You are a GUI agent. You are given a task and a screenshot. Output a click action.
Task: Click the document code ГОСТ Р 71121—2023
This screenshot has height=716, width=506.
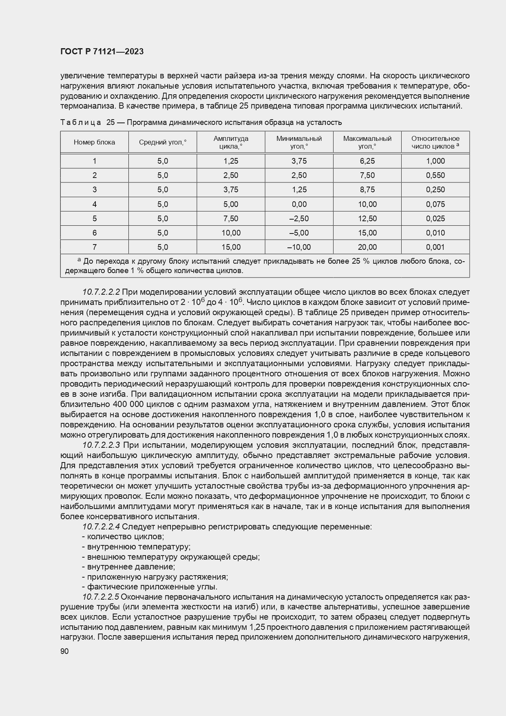click(102, 52)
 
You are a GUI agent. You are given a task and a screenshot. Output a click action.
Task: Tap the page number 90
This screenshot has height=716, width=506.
click(64, 652)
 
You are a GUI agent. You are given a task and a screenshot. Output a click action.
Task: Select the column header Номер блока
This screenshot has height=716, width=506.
click(94, 142)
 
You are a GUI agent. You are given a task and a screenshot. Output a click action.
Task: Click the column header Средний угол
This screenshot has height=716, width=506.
click(162, 142)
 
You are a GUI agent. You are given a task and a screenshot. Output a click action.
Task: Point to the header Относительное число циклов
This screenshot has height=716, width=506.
click(435, 142)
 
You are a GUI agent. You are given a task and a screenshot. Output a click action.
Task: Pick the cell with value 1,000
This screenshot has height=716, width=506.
click(435, 161)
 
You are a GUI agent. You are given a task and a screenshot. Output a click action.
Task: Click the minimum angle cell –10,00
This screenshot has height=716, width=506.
click(299, 247)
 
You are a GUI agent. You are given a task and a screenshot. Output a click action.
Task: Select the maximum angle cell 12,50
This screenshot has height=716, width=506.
click(367, 218)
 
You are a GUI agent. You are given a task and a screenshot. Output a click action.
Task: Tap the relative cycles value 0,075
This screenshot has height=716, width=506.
click(435, 204)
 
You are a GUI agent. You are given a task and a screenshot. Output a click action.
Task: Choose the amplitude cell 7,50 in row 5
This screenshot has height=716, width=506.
click(231, 218)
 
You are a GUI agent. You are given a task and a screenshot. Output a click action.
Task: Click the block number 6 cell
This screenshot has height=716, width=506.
click(94, 233)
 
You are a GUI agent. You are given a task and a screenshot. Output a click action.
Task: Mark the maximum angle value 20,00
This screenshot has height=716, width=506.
click(367, 247)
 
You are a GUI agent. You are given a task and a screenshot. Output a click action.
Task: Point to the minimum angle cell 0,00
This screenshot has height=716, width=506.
click(299, 204)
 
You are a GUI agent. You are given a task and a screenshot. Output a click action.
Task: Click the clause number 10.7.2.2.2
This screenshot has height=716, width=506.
click(101, 292)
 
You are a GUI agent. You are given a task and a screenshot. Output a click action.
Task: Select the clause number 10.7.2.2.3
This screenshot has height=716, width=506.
click(101, 445)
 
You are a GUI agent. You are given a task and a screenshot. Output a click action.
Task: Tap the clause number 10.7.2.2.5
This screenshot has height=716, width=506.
click(101, 597)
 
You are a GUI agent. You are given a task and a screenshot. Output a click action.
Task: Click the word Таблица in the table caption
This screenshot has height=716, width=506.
click(80, 122)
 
